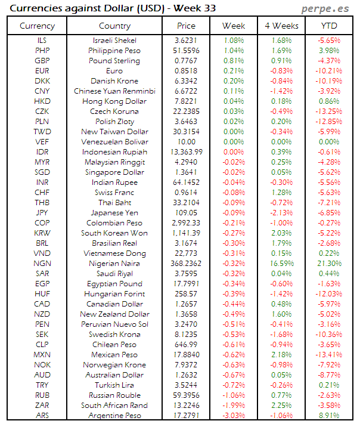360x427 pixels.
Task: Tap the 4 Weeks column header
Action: [x=281, y=26]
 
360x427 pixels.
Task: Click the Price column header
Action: [x=186, y=26]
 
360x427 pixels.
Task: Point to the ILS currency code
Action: [x=42, y=41]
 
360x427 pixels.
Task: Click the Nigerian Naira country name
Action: [x=114, y=264]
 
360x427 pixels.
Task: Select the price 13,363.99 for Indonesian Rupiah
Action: [x=186, y=152]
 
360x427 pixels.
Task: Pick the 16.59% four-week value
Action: [x=281, y=264]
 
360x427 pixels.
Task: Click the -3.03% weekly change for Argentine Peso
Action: [x=233, y=416]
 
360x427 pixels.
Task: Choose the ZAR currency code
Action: [x=42, y=406]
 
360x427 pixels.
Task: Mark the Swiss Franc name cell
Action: [x=114, y=193]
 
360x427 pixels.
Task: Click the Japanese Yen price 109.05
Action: [x=186, y=213]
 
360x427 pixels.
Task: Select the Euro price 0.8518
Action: [x=186, y=71]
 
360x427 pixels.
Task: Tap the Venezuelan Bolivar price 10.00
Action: [x=186, y=142]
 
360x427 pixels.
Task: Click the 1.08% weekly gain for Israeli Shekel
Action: [x=233, y=41]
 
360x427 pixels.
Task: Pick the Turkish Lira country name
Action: [x=114, y=385]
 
